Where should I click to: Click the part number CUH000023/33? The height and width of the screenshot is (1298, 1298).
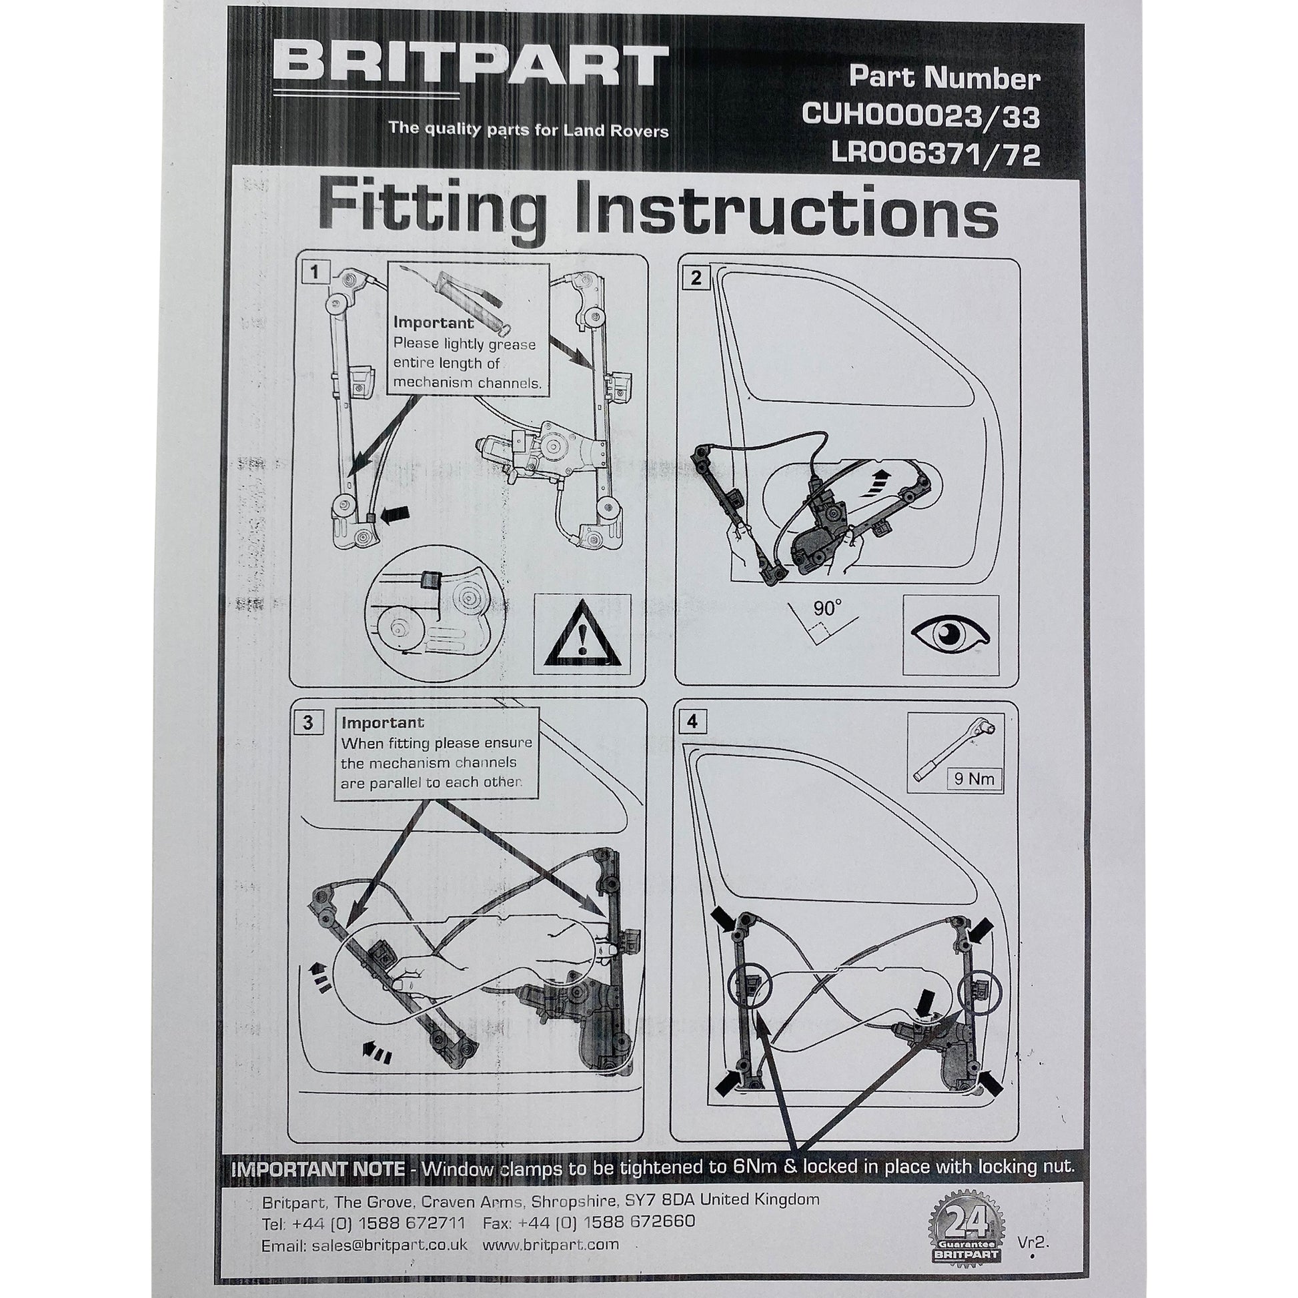920,116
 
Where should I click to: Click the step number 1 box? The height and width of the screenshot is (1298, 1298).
315,273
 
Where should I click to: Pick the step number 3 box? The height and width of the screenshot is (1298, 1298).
307,722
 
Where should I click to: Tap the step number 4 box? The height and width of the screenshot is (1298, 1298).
692,722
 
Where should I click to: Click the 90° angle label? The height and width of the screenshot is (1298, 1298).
828,609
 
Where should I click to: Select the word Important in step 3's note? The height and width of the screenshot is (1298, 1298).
383,723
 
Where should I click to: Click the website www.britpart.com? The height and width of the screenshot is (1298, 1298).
551,1244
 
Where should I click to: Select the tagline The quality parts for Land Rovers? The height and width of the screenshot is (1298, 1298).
529,128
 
